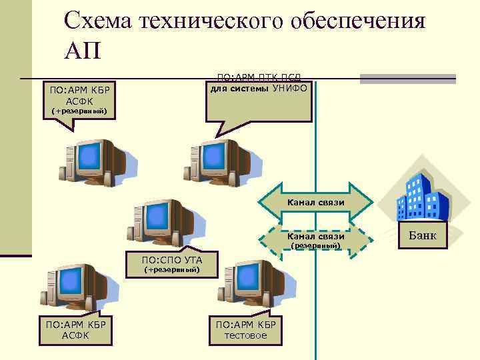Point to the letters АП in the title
point(83,51)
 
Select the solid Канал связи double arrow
point(315,201)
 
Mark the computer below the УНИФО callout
point(213,159)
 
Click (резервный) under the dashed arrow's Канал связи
point(316,247)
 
